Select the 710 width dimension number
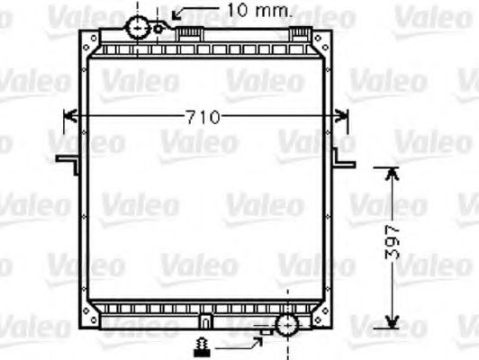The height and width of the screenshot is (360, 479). [203, 117]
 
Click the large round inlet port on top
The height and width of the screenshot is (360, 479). [140, 26]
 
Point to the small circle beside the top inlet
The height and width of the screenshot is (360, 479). [158, 27]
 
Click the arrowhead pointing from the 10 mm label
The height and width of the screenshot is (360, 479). [176, 14]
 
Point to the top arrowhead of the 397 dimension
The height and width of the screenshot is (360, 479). [390, 172]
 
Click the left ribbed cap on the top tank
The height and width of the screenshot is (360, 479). [188, 33]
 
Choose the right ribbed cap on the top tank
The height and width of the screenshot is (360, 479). [299, 33]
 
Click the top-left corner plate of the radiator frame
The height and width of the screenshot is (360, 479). [90, 41]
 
